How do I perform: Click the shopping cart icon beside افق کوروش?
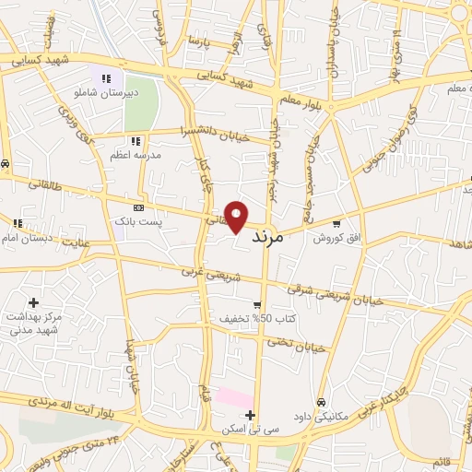(337, 222)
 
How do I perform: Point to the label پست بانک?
(134, 222)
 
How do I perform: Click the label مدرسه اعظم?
(136, 156)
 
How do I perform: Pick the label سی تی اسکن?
(250, 429)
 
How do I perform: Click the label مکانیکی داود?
(320, 416)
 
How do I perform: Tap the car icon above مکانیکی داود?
(320, 402)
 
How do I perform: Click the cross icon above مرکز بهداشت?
(33, 302)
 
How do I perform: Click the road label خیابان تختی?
(297, 344)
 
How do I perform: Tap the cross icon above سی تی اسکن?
(250, 414)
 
